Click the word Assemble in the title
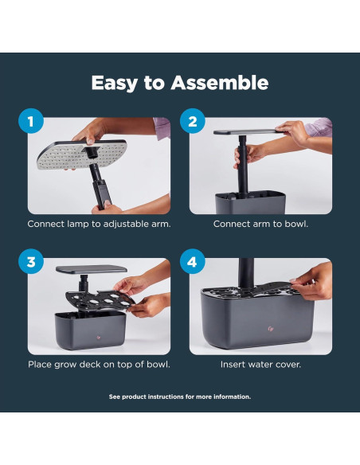(x=220, y=83)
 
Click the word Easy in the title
(x=114, y=84)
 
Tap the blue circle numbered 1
(x=31, y=121)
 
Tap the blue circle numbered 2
(x=193, y=121)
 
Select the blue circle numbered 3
(x=31, y=261)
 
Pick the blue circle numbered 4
(x=193, y=261)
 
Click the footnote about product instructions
(x=180, y=397)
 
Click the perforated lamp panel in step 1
(x=82, y=154)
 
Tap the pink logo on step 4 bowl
(x=270, y=328)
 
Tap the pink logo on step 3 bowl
(x=99, y=337)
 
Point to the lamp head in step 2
(x=246, y=132)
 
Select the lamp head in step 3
(x=92, y=269)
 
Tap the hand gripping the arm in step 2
(x=248, y=155)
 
